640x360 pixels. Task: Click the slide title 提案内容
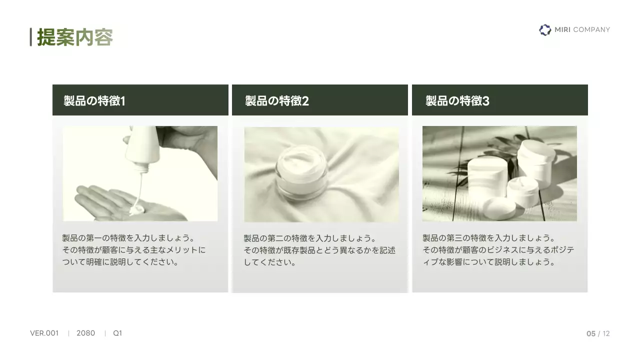pos(75,37)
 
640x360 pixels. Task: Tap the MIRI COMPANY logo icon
pos(545,30)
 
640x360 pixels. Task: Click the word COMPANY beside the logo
pos(591,30)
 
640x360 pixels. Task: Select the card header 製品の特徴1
pos(94,100)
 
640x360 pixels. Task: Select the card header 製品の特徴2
pos(277,100)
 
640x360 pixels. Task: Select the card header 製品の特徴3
pos(457,100)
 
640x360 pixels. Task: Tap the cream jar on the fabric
pos(302,172)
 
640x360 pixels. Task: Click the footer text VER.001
pos(44,333)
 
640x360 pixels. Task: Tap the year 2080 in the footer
pos(85,333)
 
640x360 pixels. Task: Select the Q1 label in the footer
pos(117,333)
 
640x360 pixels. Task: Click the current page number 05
pos(590,333)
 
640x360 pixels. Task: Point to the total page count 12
pos(606,333)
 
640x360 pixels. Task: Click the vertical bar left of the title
pos(31,37)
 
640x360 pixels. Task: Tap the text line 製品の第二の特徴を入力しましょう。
pos(310,238)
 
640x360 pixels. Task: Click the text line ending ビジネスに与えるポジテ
pos(498,250)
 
